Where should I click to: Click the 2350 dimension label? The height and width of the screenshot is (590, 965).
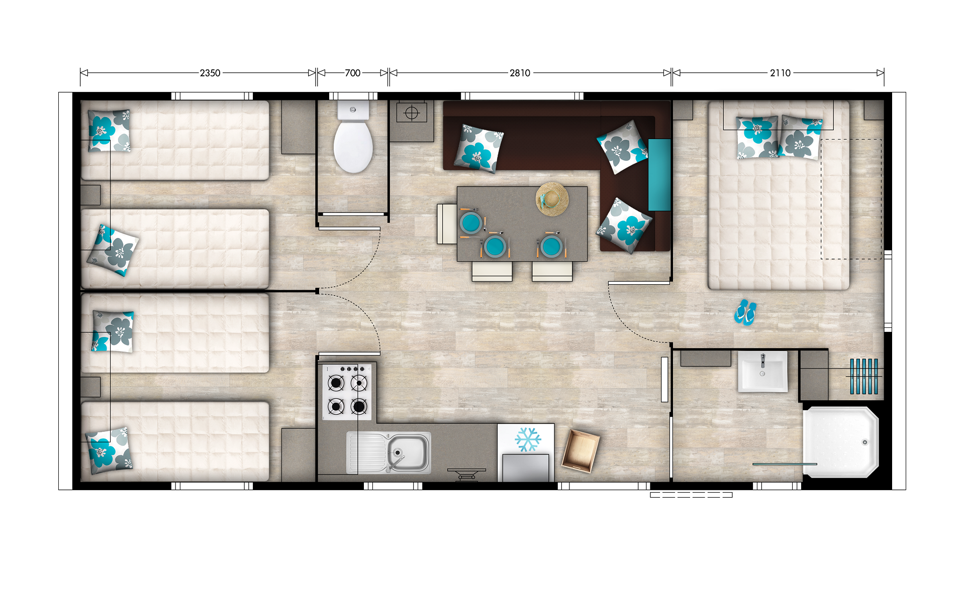click(210, 73)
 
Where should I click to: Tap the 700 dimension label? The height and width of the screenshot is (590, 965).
click(352, 73)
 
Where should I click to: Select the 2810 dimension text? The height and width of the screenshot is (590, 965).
click(520, 73)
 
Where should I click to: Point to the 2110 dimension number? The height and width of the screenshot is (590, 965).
click(780, 73)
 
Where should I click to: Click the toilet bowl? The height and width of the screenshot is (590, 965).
click(353, 147)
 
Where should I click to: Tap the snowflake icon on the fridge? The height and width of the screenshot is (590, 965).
click(528, 439)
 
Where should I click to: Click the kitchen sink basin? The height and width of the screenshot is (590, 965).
click(408, 451)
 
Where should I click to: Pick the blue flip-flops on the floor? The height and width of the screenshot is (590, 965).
click(745, 312)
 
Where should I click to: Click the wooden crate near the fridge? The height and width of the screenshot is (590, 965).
click(581, 450)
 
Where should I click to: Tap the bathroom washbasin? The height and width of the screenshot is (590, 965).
click(762, 372)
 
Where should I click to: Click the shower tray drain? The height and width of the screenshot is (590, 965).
click(864, 442)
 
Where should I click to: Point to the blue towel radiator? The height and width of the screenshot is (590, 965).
click(864, 376)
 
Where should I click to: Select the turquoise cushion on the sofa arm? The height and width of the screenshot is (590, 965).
click(659, 175)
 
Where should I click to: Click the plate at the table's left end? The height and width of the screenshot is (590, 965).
click(471, 223)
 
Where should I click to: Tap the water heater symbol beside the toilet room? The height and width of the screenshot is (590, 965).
click(412, 113)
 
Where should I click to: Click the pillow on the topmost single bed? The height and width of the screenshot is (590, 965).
click(109, 131)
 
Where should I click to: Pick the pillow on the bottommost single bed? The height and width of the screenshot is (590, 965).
click(109, 450)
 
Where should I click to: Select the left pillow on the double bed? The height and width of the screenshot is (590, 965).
click(756, 137)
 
